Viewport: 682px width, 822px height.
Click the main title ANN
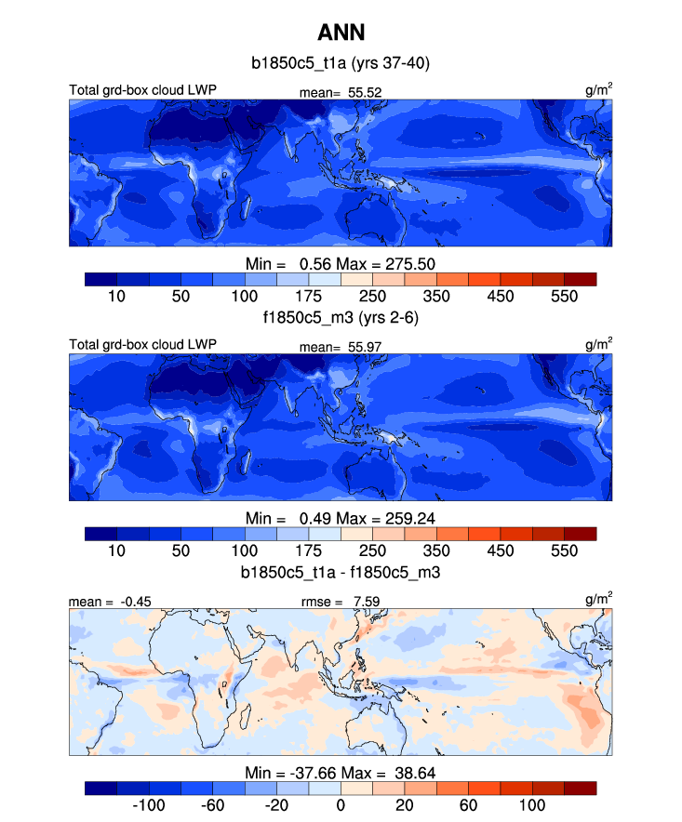340,33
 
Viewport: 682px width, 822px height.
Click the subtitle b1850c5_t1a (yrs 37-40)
340,64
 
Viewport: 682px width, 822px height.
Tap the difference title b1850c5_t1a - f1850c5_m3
340,570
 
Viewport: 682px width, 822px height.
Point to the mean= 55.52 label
341,92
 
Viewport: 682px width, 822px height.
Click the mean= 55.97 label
341,346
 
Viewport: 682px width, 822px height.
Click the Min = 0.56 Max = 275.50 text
340,263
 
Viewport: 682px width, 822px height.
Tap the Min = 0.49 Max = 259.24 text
340,517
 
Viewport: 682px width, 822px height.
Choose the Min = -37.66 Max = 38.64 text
340,772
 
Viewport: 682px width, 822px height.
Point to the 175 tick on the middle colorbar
308,550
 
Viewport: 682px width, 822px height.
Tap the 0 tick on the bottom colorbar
341,804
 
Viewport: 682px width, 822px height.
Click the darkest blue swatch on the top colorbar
100,279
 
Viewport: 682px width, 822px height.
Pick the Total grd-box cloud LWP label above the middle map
142,345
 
